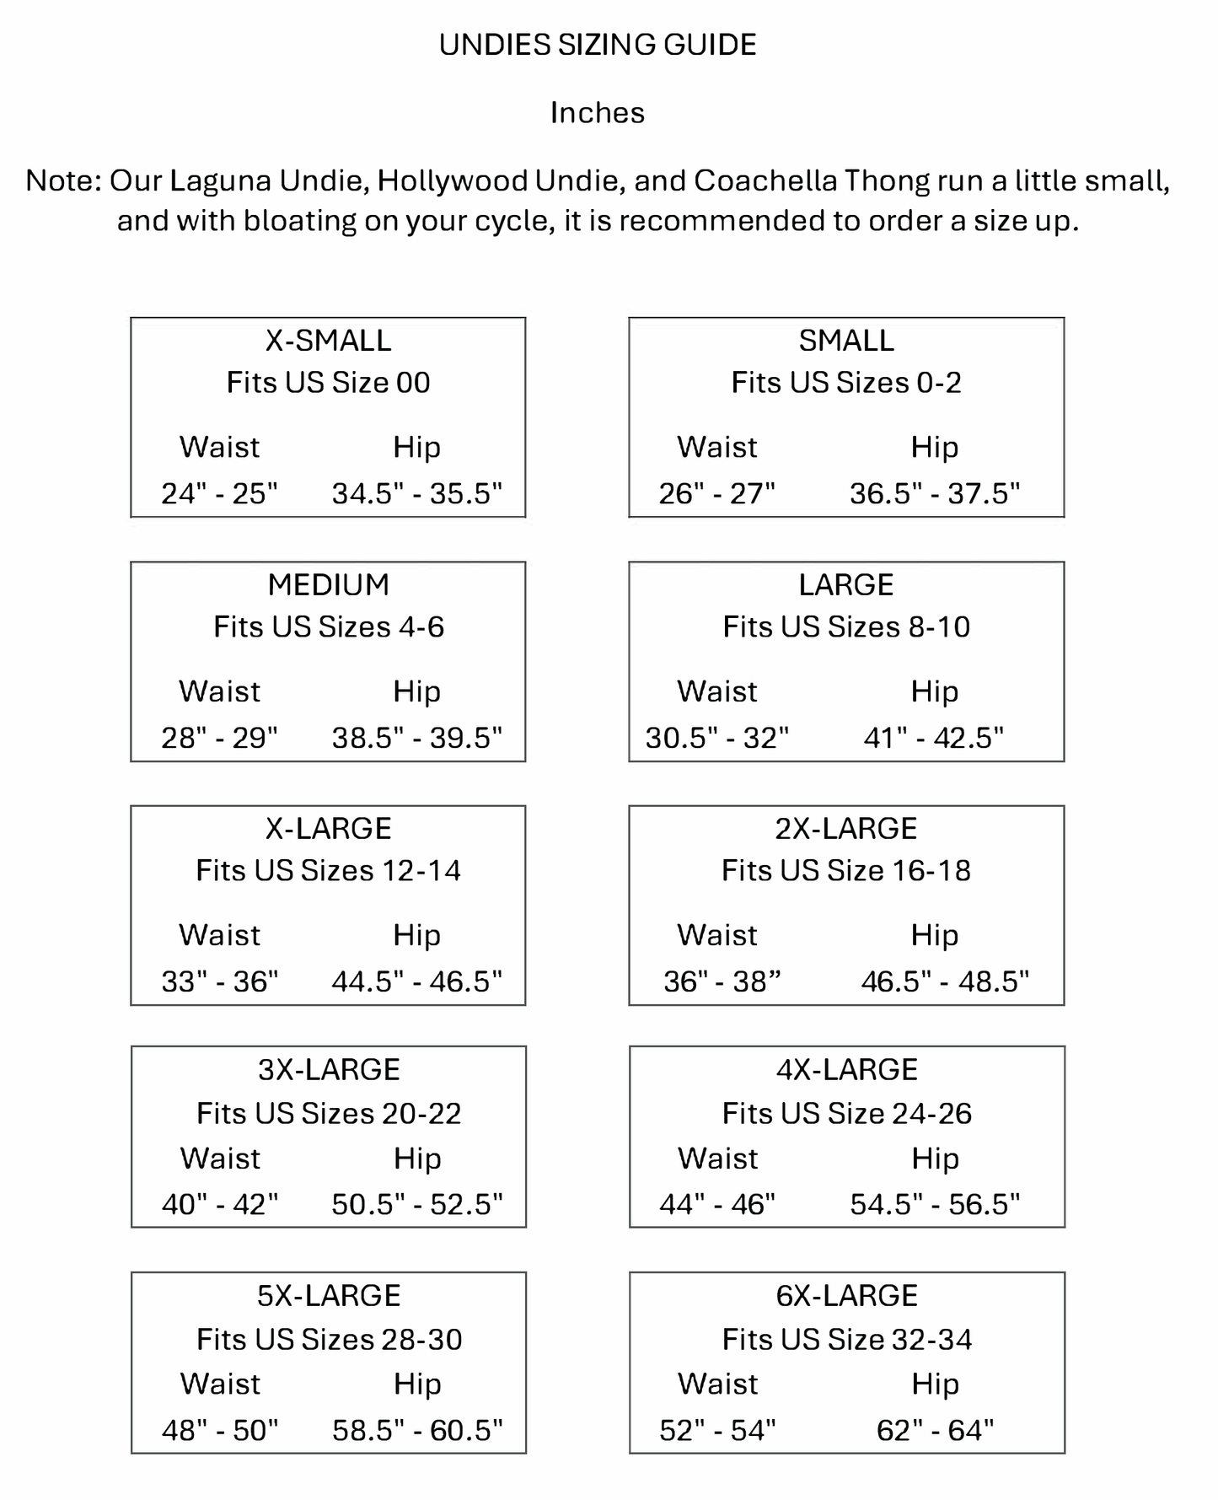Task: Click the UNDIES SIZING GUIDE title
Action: click(598, 45)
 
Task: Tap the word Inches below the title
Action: click(598, 113)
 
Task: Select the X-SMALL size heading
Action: click(328, 341)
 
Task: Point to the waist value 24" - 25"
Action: click(219, 493)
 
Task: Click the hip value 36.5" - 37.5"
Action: click(934, 493)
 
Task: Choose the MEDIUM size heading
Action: click(328, 585)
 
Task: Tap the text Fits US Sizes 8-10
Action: click(846, 627)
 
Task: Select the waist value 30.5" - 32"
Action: click(717, 738)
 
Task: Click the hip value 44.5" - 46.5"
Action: click(416, 981)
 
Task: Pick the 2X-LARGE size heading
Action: click(846, 829)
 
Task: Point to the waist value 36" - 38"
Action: click(722, 981)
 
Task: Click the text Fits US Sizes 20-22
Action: click(329, 1114)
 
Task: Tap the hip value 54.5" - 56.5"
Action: click(935, 1204)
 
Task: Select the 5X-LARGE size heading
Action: click(329, 1296)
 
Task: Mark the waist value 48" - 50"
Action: click(220, 1430)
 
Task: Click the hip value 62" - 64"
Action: click(935, 1430)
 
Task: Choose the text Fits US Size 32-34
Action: click(847, 1340)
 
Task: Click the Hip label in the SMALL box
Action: click(934, 448)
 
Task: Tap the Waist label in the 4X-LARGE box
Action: click(718, 1159)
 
